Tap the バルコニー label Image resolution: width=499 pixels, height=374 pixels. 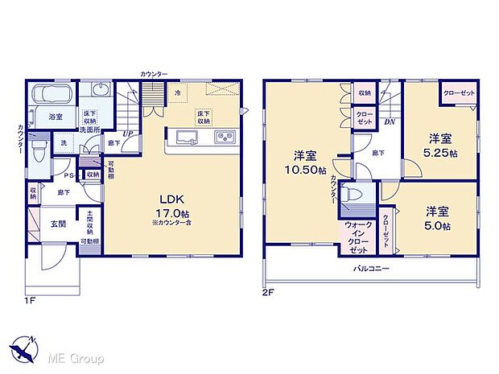pyautogui.click(x=370, y=269)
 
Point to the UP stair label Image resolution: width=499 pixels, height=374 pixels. pyautogui.click(x=127, y=134)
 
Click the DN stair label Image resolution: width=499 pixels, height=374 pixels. pyautogui.click(x=389, y=122)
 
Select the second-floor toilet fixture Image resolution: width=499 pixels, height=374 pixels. pyautogui.click(x=355, y=195)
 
